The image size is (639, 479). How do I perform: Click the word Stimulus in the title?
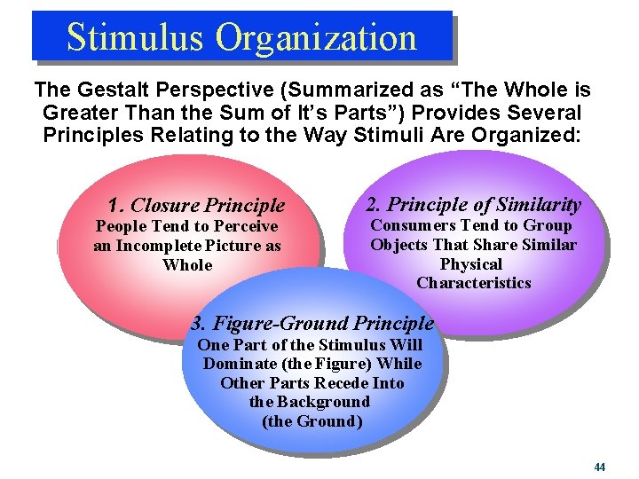click(x=135, y=37)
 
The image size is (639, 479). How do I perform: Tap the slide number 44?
click(x=600, y=467)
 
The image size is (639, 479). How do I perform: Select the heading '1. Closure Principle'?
click(x=196, y=206)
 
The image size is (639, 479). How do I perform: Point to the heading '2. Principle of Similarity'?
click(x=474, y=204)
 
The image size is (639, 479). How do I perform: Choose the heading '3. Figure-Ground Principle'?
click(x=312, y=324)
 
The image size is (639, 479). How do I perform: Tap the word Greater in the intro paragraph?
click(x=83, y=114)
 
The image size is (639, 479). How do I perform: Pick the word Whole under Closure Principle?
click(x=188, y=264)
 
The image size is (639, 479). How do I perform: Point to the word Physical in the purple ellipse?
click(x=471, y=264)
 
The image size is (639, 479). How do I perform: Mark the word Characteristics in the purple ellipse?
click(x=473, y=283)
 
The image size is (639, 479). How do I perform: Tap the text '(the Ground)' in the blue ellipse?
click(x=312, y=420)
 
